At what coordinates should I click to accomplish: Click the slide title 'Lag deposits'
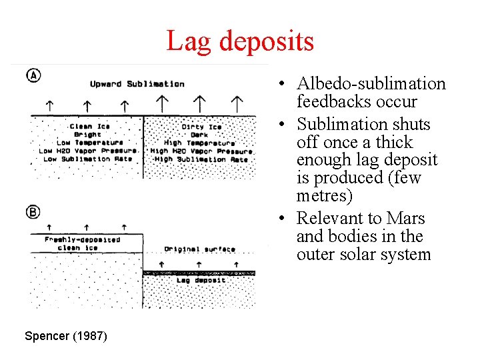coord(239,41)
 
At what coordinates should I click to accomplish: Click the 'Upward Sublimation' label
coord(137,84)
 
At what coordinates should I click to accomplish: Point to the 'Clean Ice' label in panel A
coord(90,126)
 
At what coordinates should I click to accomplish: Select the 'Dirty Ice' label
coord(201,126)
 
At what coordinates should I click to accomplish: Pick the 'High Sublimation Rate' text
coord(201,159)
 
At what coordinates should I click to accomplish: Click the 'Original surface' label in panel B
coord(199,249)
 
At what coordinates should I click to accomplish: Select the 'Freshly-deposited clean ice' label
coord(82,243)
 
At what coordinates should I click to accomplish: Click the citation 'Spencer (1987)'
coord(65,336)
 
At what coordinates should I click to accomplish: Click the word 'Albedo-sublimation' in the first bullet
coord(371,84)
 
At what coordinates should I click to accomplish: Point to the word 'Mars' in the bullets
coord(407,219)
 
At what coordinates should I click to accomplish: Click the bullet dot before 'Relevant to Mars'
coord(283,219)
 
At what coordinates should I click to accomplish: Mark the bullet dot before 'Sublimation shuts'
coord(283,125)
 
